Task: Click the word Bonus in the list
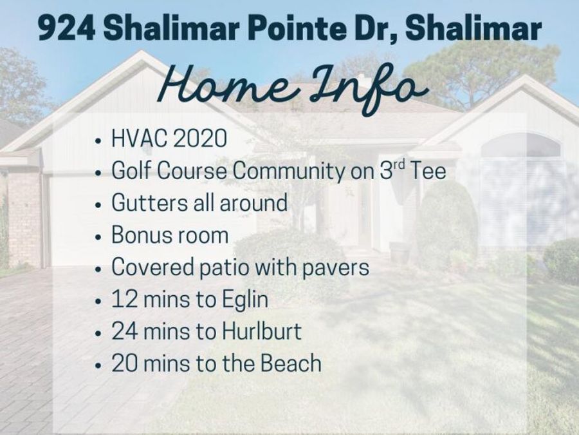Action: (x=140, y=235)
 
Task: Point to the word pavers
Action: (x=336, y=268)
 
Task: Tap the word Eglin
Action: (x=245, y=300)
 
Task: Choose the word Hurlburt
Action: (x=261, y=331)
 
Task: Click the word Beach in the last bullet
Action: (x=291, y=363)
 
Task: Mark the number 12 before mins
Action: (x=124, y=299)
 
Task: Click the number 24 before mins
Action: (x=125, y=331)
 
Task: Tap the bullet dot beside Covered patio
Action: (x=98, y=269)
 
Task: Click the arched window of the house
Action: (x=520, y=146)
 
